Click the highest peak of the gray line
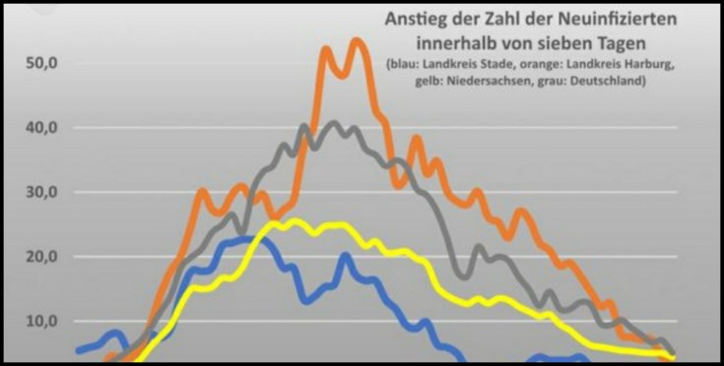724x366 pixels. coord(334,124)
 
